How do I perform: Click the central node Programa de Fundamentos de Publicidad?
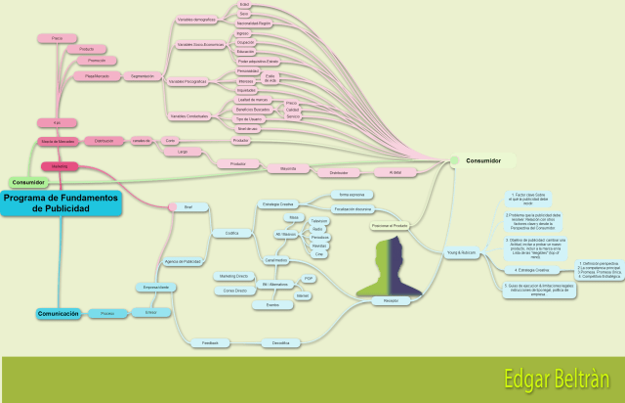pos(61,202)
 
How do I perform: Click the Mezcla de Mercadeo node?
pos(59,141)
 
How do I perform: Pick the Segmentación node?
pos(144,75)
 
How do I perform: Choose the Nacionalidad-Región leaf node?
pos(259,22)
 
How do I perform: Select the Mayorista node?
pos(287,167)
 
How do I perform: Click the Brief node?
pos(187,206)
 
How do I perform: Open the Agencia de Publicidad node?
pos(183,262)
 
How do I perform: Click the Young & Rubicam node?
pos(459,253)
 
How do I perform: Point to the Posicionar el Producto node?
pos(389,226)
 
